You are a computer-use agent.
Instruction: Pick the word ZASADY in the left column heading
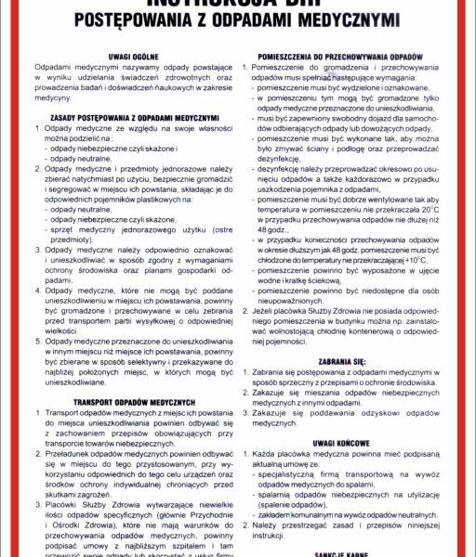pyautogui.click(x=60, y=117)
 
